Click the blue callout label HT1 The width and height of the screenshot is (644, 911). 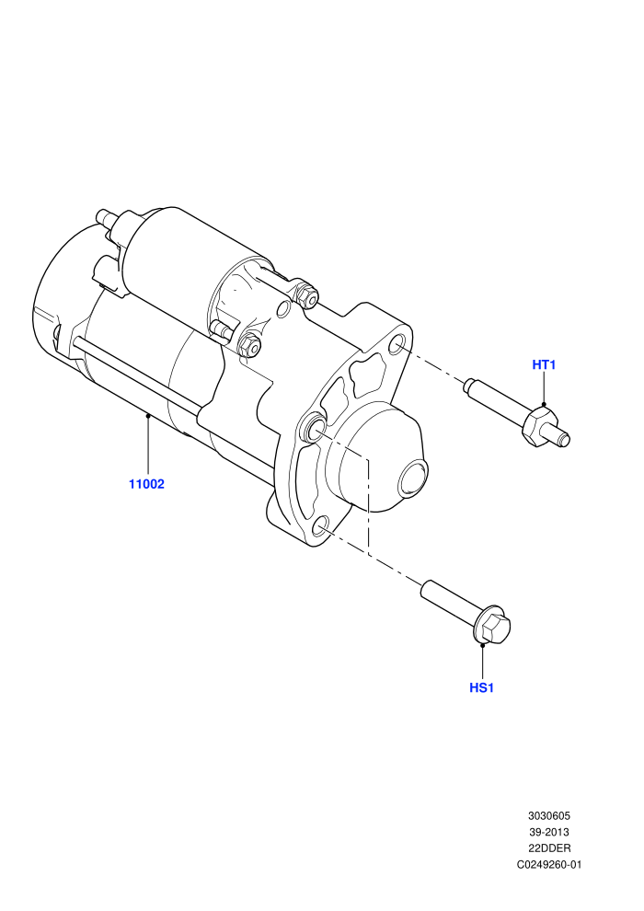pyautogui.click(x=544, y=365)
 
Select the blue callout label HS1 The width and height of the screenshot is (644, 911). pyautogui.click(x=481, y=688)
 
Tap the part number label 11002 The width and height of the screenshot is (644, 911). pyautogui.click(x=146, y=484)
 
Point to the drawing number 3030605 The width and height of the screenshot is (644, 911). pyautogui.click(x=549, y=815)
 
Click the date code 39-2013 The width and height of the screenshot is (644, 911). pyautogui.click(x=549, y=832)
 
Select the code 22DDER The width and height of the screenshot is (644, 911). pyautogui.click(x=549, y=848)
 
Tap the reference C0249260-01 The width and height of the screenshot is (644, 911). pyautogui.click(x=549, y=864)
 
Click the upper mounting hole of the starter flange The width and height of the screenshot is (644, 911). pyautogui.click(x=397, y=344)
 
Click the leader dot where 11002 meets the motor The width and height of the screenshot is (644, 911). pyautogui.click(x=148, y=415)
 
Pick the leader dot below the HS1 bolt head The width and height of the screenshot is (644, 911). pyautogui.click(x=483, y=645)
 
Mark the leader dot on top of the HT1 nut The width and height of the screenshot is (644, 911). pyautogui.click(x=544, y=404)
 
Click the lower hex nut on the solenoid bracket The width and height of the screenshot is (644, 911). pyautogui.click(x=249, y=346)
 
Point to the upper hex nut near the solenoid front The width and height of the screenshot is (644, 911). pyautogui.click(x=306, y=295)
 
